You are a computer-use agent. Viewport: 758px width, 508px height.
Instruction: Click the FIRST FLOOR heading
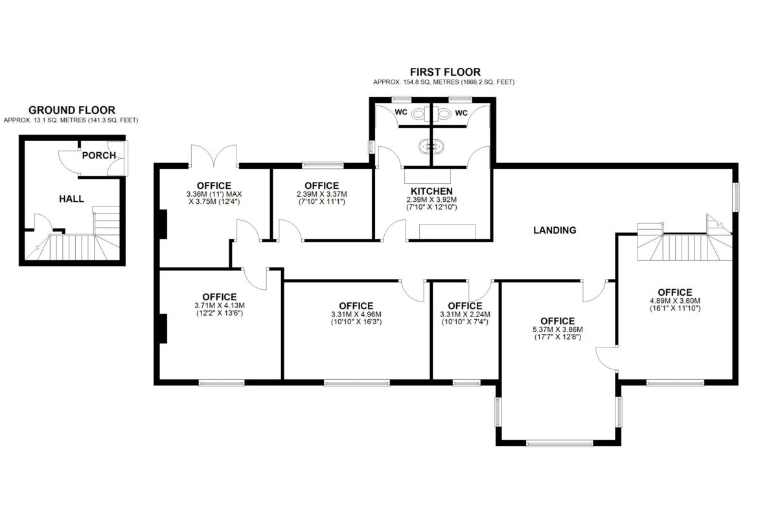point(445,72)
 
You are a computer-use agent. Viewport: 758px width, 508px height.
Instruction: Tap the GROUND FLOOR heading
point(71,111)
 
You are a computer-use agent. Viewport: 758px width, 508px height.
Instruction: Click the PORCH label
point(98,155)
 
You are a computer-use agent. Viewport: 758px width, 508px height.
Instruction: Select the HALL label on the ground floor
point(71,199)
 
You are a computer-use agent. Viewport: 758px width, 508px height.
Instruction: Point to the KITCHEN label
point(431,191)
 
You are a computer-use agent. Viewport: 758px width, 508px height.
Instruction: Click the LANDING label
point(555,230)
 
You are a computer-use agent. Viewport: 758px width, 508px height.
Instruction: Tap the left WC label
point(401,113)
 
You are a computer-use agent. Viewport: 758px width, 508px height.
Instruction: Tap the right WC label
point(462,113)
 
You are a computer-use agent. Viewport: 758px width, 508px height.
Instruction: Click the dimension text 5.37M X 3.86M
point(558,330)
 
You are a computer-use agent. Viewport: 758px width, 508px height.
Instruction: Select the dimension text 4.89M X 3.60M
point(675,301)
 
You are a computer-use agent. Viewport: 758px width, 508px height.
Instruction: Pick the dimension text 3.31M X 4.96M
point(356,315)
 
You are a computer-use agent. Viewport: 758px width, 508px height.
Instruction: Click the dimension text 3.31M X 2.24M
point(465,315)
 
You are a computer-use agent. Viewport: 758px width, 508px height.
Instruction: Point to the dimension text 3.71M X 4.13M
point(220,305)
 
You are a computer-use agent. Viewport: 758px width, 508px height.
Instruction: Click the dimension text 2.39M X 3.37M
point(322,194)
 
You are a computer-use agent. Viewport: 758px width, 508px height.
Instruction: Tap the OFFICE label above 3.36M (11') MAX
point(214,186)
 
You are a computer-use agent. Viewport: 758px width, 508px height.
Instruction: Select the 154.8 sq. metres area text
point(444,82)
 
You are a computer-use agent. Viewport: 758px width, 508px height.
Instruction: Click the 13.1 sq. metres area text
point(71,120)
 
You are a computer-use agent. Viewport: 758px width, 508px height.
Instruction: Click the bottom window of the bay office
point(559,443)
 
